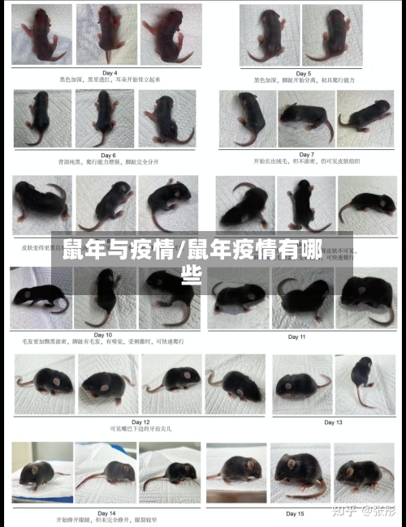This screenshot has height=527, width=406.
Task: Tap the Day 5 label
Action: (304, 73)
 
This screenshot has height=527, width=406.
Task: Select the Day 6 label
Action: (107, 154)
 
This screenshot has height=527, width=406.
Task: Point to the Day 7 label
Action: (306, 154)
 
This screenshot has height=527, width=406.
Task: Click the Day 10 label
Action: (103, 334)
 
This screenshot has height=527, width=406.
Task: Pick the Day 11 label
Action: (296, 336)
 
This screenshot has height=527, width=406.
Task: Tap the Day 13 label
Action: (333, 422)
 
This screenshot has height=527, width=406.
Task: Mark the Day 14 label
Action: (106, 512)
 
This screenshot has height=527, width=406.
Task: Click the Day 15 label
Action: (295, 513)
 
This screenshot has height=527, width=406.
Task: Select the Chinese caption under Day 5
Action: (304, 80)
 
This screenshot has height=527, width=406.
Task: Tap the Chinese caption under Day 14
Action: (107, 520)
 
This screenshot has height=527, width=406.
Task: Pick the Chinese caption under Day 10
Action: (103, 341)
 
